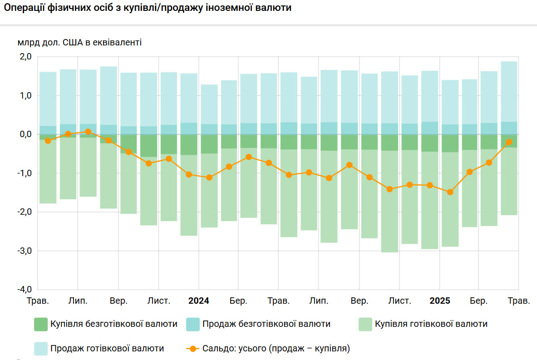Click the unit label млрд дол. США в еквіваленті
[x=80, y=43]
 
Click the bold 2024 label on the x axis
[x=199, y=301]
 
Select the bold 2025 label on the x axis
[x=440, y=301]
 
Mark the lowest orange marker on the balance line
[x=450, y=192]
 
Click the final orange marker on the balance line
[x=509, y=142]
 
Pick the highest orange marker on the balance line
[x=88, y=132]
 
